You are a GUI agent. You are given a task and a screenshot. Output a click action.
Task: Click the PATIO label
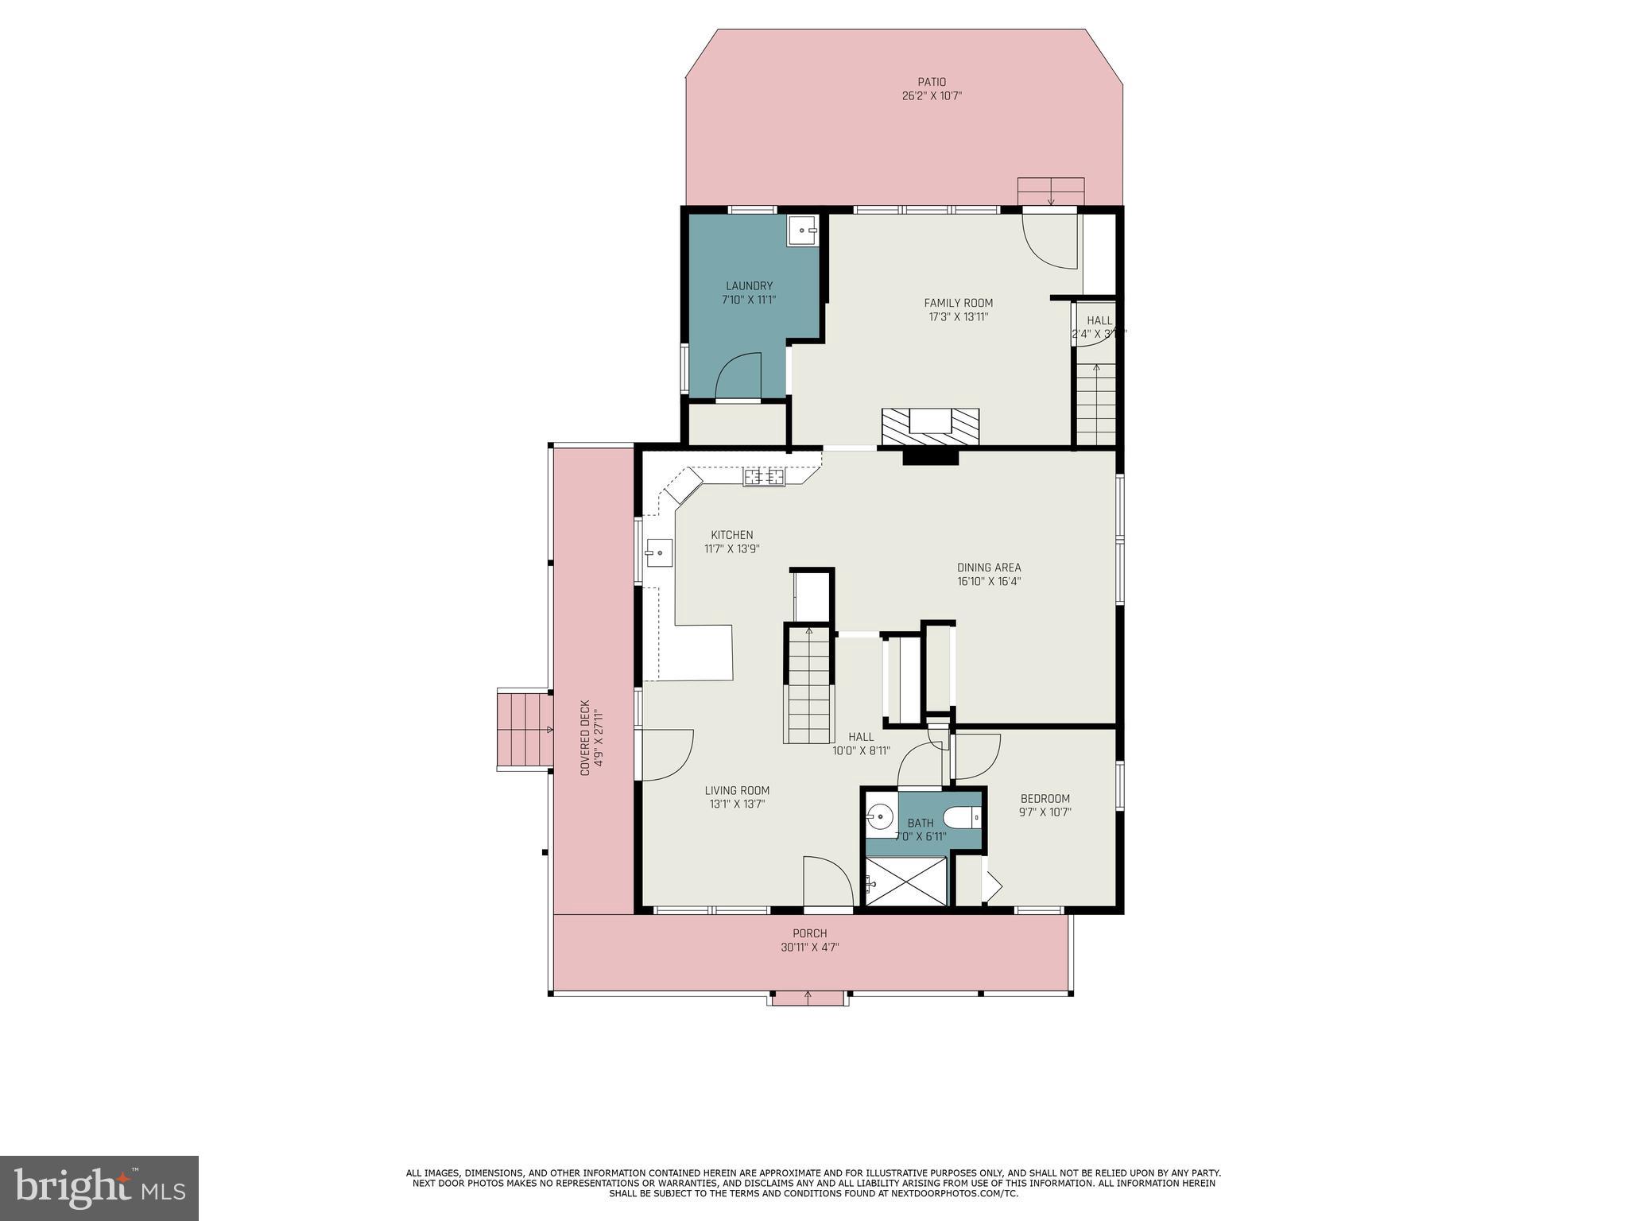tap(932, 82)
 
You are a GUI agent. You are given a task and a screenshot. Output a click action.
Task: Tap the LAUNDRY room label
tap(749, 286)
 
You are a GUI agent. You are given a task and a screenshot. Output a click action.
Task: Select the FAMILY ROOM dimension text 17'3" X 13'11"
tap(958, 317)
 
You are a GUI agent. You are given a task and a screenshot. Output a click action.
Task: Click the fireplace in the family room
tap(930, 427)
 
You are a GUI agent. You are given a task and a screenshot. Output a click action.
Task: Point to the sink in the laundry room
tap(803, 231)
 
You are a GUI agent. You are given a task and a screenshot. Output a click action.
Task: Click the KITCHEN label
tap(731, 535)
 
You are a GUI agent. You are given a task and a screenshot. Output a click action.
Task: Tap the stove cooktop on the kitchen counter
tap(764, 477)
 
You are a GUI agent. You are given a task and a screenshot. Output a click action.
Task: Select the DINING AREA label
tap(989, 568)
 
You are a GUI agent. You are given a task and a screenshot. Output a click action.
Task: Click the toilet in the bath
tap(962, 817)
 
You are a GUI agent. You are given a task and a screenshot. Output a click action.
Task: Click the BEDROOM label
tap(1045, 799)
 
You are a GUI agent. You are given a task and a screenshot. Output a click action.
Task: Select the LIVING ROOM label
tap(737, 790)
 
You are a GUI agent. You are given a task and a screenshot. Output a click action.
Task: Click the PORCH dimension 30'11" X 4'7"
tap(809, 948)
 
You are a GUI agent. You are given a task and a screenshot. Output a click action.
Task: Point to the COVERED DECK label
tap(585, 737)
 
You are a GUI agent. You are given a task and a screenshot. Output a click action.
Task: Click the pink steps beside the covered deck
tap(524, 729)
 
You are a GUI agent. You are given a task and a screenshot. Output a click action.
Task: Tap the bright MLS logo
tap(99, 1188)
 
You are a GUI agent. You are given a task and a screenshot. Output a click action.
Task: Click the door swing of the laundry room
tap(739, 377)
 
